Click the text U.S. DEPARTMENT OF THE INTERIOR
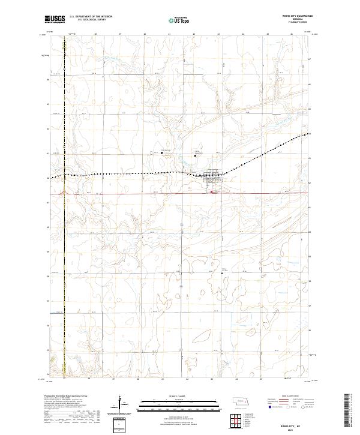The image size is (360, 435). click(91, 17)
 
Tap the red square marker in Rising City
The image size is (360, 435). click(211, 192)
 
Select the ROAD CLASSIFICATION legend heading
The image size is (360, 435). click(290, 397)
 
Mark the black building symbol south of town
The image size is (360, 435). click(223, 272)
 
